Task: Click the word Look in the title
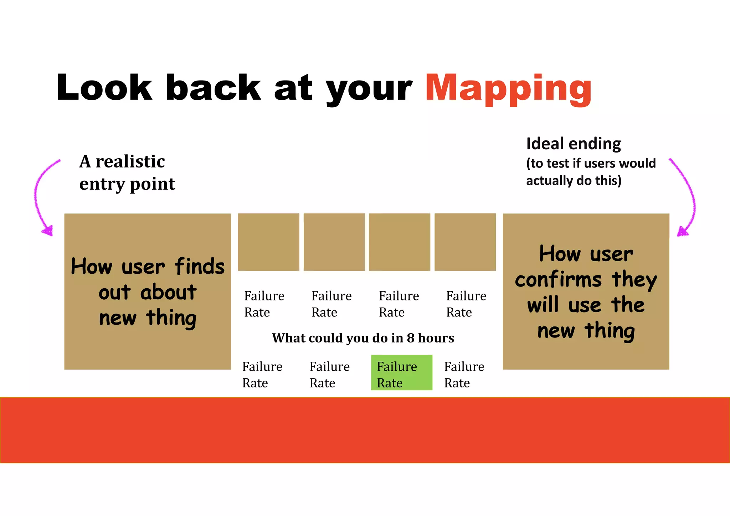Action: pyautogui.click(x=104, y=88)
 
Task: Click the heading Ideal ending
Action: pyautogui.click(x=573, y=144)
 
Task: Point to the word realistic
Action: pyautogui.click(x=130, y=161)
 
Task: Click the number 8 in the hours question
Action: pyautogui.click(x=410, y=338)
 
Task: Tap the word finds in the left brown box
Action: pyautogui.click(x=200, y=267)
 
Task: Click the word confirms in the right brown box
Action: pyautogui.click(x=558, y=279)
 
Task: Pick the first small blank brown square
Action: pyautogui.click(x=268, y=242)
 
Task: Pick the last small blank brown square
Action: pyautogui.click(x=465, y=242)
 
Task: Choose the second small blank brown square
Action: pyautogui.click(x=334, y=242)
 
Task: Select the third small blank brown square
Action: pyautogui.click(x=399, y=242)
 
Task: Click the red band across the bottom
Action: pyautogui.click(x=365, y=430)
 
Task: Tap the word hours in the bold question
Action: pyautogui.click(x=436, y=338)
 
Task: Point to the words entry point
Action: pyautogui.click(x=127, y=184)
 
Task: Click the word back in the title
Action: pyautogui.click(x=213, y=88)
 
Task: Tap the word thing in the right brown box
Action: pyautogui.click(x=610, y=331)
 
